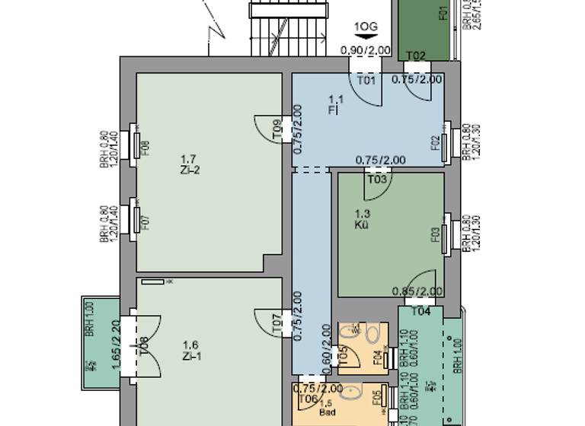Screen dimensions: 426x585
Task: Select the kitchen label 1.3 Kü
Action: pyautogui.click(x=362, y=220)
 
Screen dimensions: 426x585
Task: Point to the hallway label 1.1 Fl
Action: pyautogui.click(x=335, y=104)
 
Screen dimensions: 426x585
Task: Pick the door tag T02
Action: pyautogui.click(x=416, y=56)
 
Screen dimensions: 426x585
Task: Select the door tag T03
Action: pyautogui.click(x=376, y=180)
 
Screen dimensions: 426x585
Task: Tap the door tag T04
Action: pyautogui.click(x=420, y=310)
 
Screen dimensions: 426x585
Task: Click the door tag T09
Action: pyautogui.click(x=277, y=130)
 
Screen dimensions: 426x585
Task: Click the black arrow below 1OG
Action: pyautogui.click(x=366, y=36)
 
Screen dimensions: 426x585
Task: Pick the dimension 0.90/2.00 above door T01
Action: pyautogui.click(x=365, y=51)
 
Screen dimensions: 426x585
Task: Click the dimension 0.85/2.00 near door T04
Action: pyautogui.click(x=417, y=291)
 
